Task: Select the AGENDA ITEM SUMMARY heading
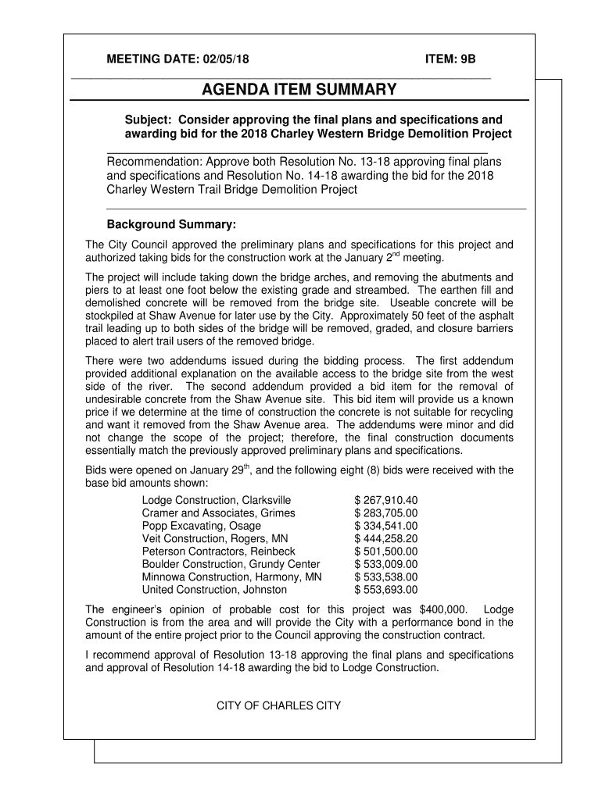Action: click(299, 91)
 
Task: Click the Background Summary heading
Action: click(171, 225)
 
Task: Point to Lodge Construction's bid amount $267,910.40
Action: click(386, 500)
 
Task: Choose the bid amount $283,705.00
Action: click(386, 513)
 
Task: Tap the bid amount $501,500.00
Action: click(386, 552)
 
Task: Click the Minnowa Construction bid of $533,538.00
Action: click(386, 577)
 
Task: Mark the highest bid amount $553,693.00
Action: click(386, 590)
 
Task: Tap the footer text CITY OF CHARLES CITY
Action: click(279, 706)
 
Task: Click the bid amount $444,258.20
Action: click(386, 539)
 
